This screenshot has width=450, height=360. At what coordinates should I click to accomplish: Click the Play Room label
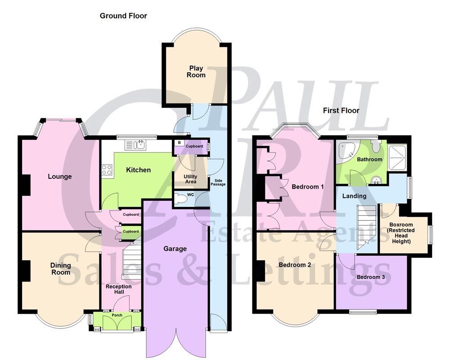(x=196, y=72)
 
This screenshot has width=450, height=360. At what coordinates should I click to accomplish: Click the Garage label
(x=175, y=248)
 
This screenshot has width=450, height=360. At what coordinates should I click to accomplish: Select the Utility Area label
(x=190, y=179)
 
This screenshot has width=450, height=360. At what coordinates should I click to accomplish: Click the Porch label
(x=117, y=315)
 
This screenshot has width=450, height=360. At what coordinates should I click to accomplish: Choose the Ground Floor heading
(x=123, y=16)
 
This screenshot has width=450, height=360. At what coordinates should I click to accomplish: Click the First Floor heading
(x=342, y=110)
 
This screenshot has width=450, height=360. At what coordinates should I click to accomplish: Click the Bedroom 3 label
(x=370, y=277)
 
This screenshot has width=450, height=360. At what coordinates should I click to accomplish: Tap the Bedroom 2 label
(x=295, y=265)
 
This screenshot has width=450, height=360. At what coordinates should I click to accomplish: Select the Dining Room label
(x=60, y=269)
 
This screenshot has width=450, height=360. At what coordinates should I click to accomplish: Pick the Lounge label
(x=60, y=176)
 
